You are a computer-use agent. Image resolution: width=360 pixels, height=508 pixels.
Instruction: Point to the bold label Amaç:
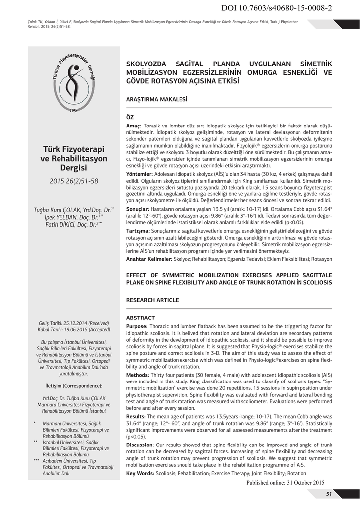click(x=134, y=127)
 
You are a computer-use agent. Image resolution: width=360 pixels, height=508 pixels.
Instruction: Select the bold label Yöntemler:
click(x=139, y=175)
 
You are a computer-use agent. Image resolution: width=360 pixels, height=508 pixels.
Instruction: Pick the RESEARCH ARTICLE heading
click(x=153, y=300)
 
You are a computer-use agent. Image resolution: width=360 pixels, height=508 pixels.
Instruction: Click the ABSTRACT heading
click(x=140, y=317)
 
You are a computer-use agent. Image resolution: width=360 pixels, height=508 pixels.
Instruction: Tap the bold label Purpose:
click(x=137, y=326)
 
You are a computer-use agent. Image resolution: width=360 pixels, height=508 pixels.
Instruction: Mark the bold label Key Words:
click(x=140, y=473)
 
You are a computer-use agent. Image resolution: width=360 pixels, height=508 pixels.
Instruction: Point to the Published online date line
click(x=285, y=483)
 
